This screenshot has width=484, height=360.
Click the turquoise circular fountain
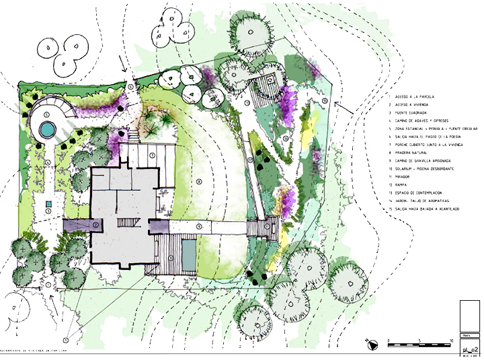[x=46, y=129]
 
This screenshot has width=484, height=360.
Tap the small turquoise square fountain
[x=48, y=203]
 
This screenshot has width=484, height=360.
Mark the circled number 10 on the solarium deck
[x=171, y=258]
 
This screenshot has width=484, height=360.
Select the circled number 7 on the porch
[x=153, y=155]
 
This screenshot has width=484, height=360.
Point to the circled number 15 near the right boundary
[x=324, y=101]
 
